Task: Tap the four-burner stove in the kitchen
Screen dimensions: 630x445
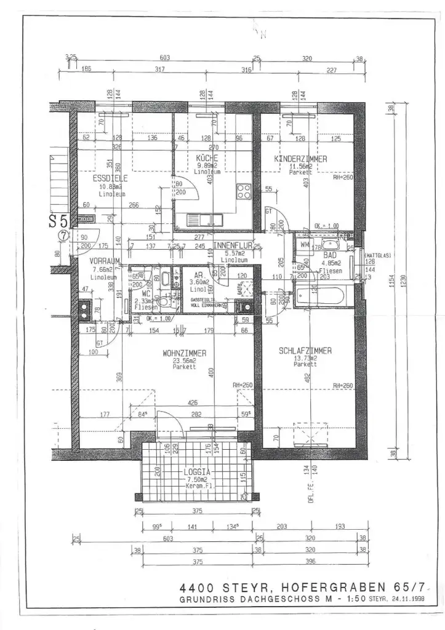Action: pos(244,191)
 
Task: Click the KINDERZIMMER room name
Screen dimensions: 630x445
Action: pos(300,159)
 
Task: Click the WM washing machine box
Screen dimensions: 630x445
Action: pos(303,244)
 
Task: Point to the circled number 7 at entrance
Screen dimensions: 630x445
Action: pos(62,235)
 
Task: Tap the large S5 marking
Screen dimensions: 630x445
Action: pos(59,221)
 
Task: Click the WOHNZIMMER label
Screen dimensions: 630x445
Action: pos(184,353)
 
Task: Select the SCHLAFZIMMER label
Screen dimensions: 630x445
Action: pos(305,351)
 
